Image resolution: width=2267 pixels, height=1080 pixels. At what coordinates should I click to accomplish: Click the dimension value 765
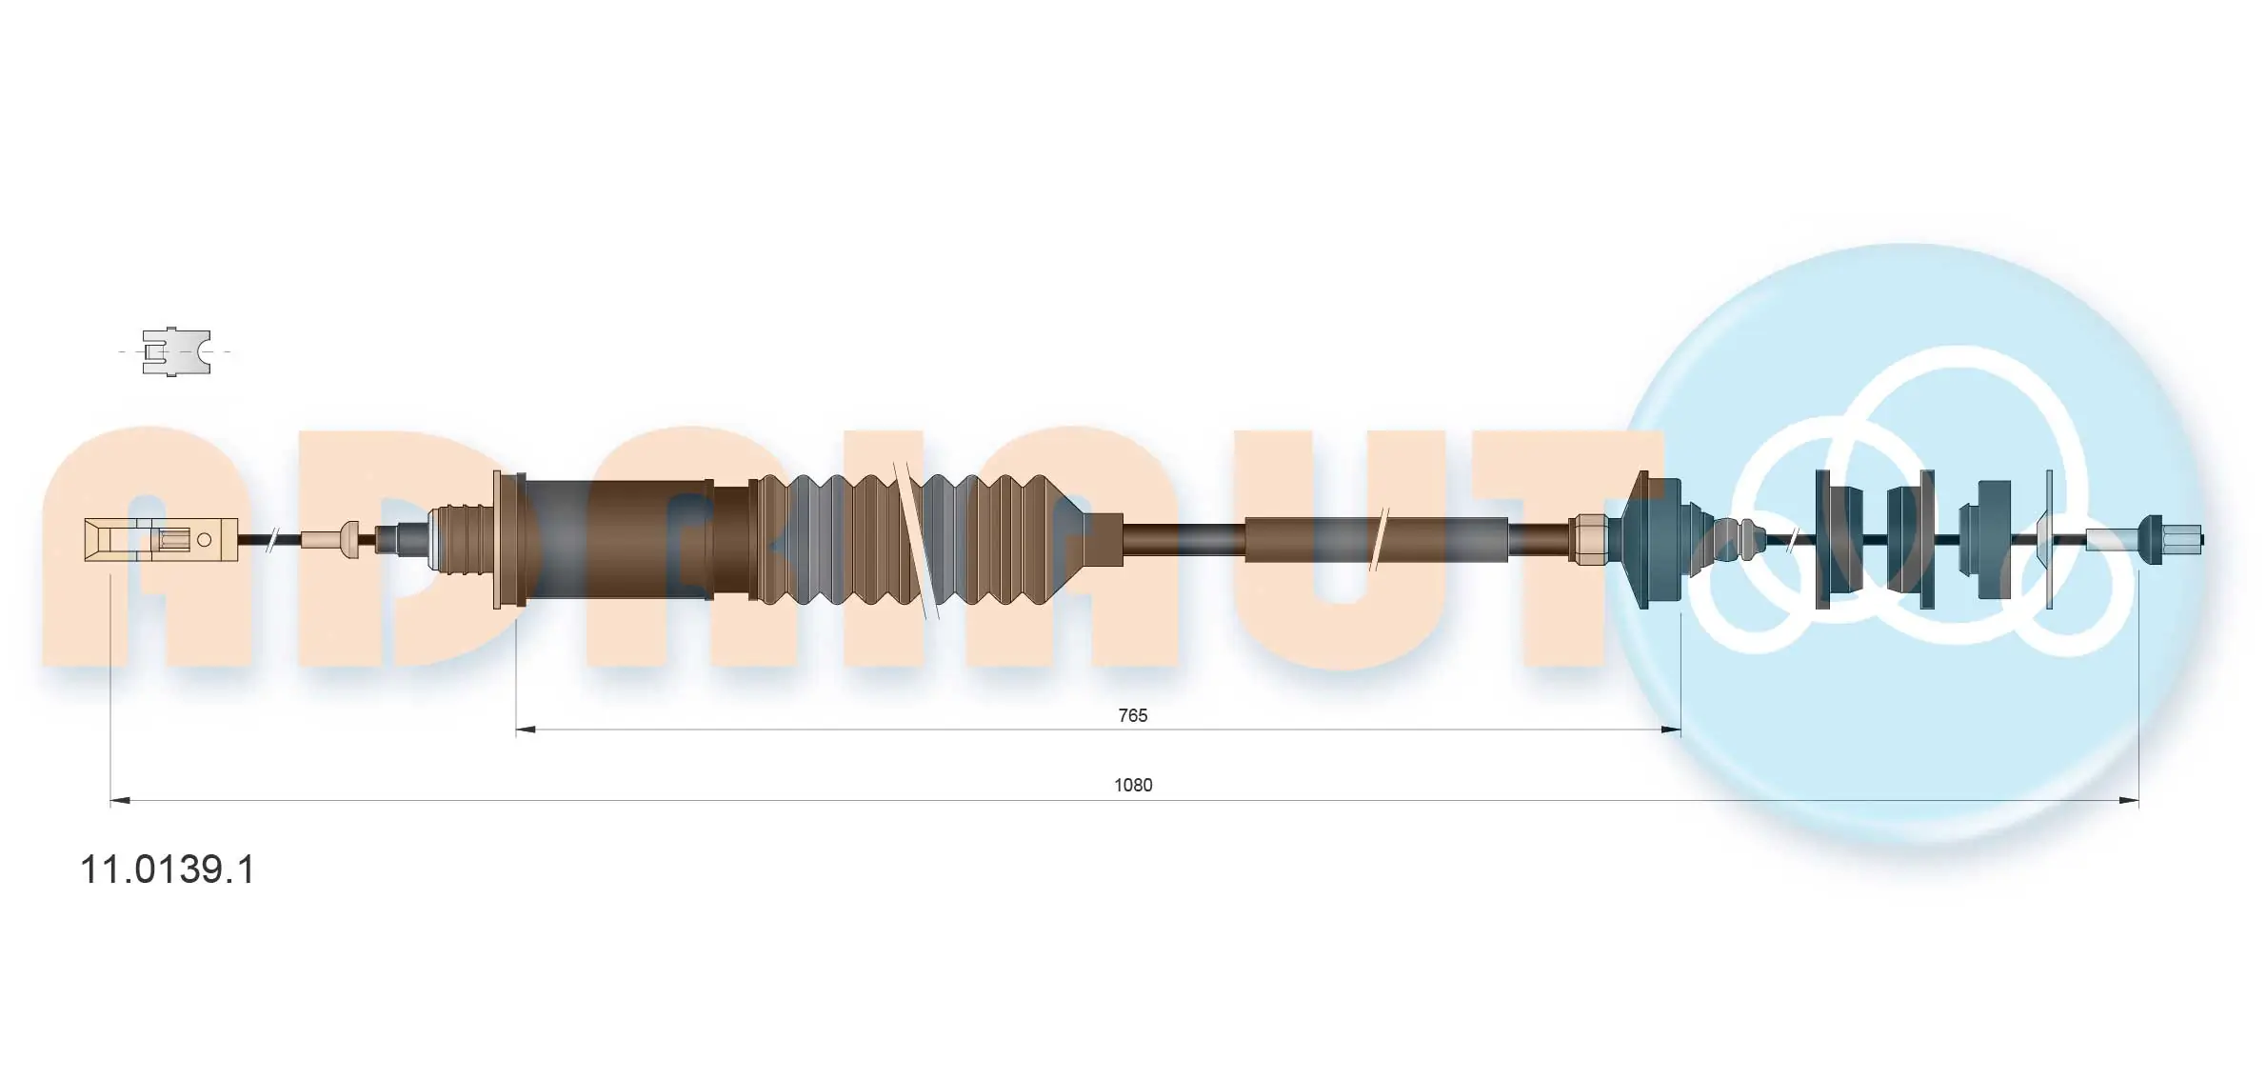(x=1132, y=715)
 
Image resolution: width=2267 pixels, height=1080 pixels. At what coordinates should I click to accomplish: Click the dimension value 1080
(x=1133, y=785)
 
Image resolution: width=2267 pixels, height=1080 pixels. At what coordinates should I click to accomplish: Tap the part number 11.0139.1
(x=168, y=870)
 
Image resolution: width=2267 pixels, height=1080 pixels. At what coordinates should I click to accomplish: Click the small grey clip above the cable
(x=175, y=351)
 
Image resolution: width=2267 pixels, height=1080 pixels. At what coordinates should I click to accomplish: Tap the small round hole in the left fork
(x=204, y=540)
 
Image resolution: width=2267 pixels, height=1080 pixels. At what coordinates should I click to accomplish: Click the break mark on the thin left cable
(x=271, y=540)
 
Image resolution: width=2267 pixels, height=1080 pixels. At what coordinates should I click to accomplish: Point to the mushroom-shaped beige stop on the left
(x=348, y=540)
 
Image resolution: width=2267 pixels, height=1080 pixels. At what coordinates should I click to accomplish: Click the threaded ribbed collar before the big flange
(x=455, y=540)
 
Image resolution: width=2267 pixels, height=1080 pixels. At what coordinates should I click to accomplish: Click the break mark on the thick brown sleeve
(x=1379, y=540)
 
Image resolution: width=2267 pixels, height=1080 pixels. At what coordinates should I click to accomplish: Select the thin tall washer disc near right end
(x=2049, y=540)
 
